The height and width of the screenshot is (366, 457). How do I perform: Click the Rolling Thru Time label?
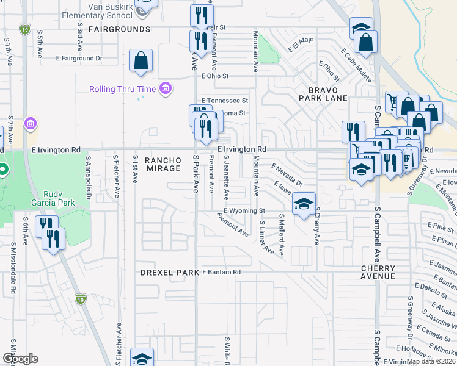(122, 89)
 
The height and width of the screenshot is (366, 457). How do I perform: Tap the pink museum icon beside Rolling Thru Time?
(164, 89)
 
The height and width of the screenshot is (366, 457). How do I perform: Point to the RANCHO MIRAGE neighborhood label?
(163, 163)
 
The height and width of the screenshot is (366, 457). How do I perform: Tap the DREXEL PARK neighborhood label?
(168, 272)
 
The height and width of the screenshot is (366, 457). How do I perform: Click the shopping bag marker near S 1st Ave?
(141, 61)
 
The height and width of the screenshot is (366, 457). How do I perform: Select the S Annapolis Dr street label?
(88, 178)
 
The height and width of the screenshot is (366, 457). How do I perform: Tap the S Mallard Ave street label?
(282, 234)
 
